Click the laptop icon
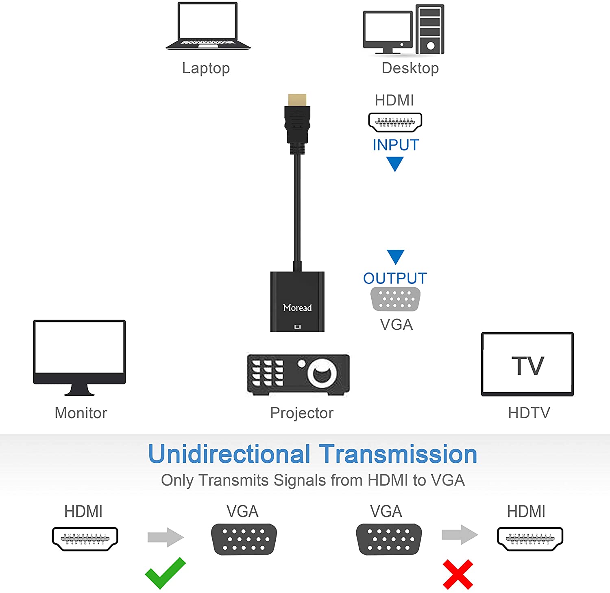tap(208, 26)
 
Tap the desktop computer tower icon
tap(430, 29)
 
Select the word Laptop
tap(206, 68)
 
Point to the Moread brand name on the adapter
tap(297, 308)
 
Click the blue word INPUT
tap(396, 145)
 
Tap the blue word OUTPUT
tap(395, 279)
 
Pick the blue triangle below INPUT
tap(394, 164)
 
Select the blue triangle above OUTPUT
tap(395, 256)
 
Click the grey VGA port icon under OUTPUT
tap(396, 299)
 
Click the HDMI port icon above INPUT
tap(395, 122)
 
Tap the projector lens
tap(322, 373)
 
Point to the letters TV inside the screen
tap(527, 366)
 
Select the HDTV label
tap(529, 413)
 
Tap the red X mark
tap(458, 574)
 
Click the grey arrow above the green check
tap(166, 537)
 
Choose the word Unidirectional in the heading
tap(229, 454)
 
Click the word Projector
tap(302, 413)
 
